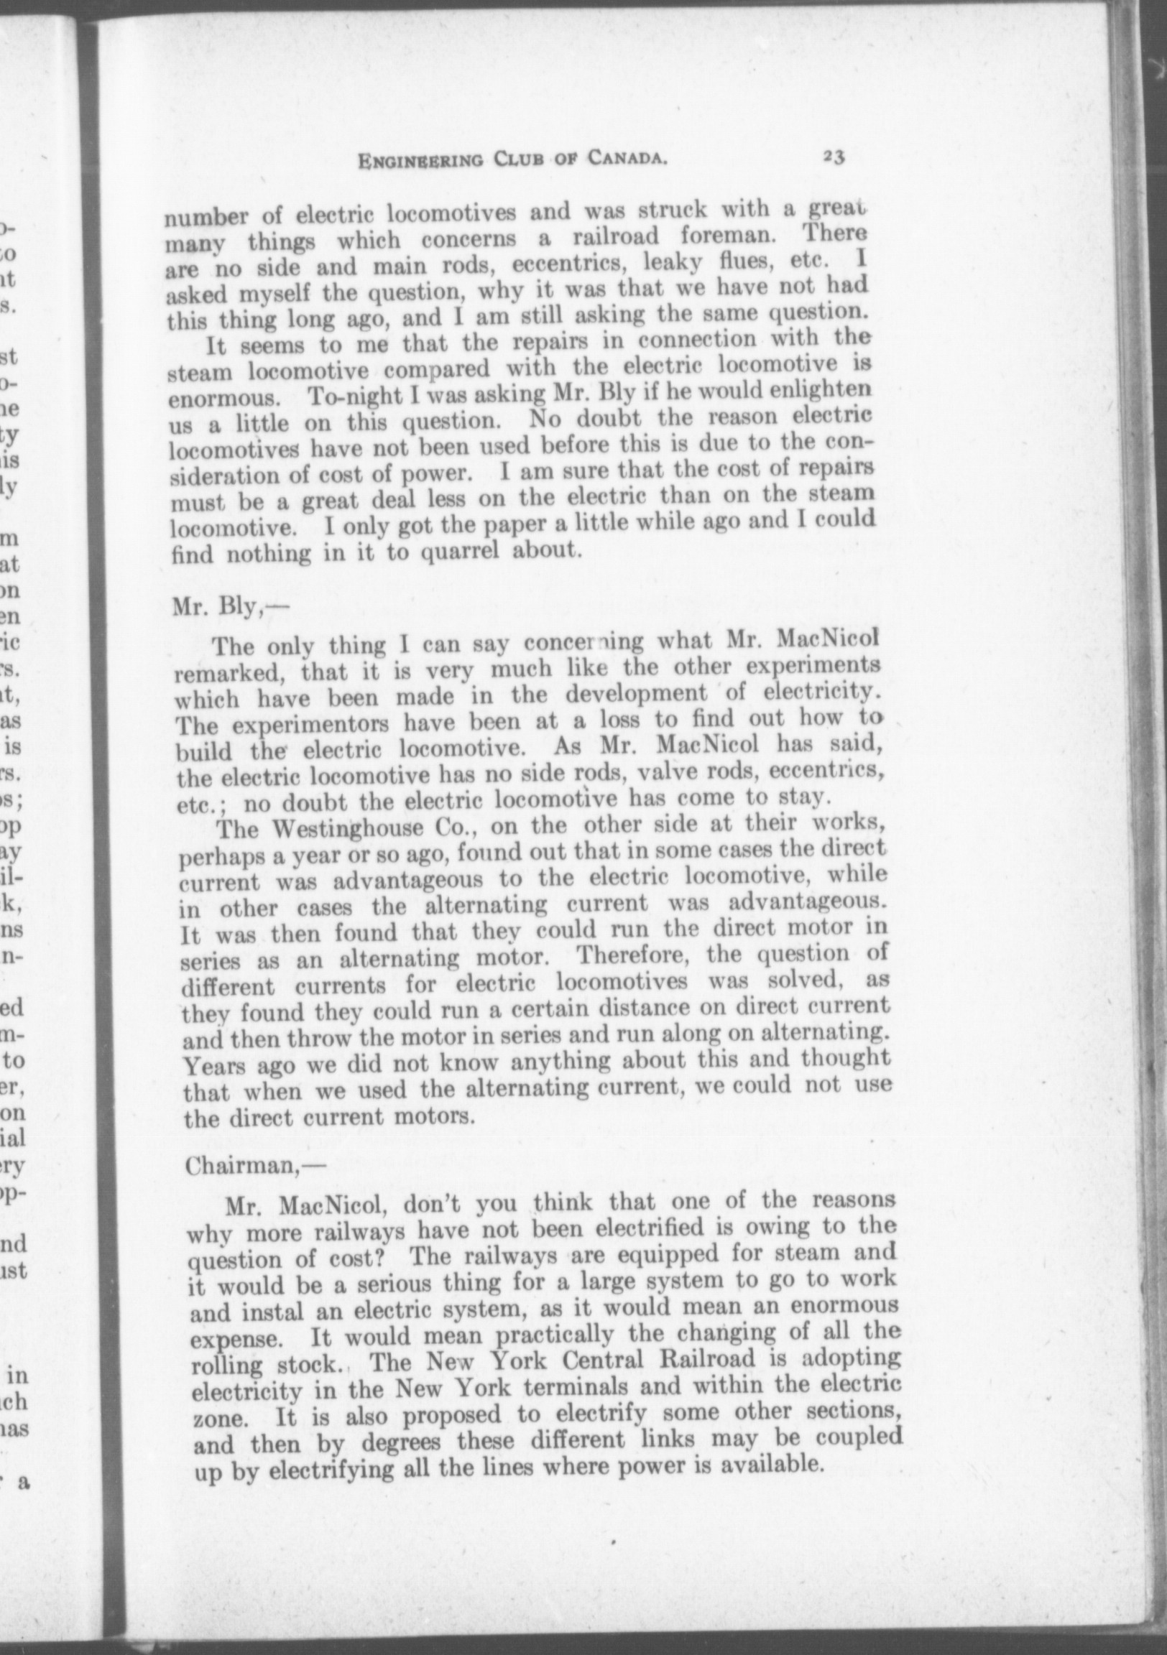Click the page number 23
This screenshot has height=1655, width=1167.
(x=833, y=157)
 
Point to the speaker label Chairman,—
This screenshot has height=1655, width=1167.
(x=246, y=1166)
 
